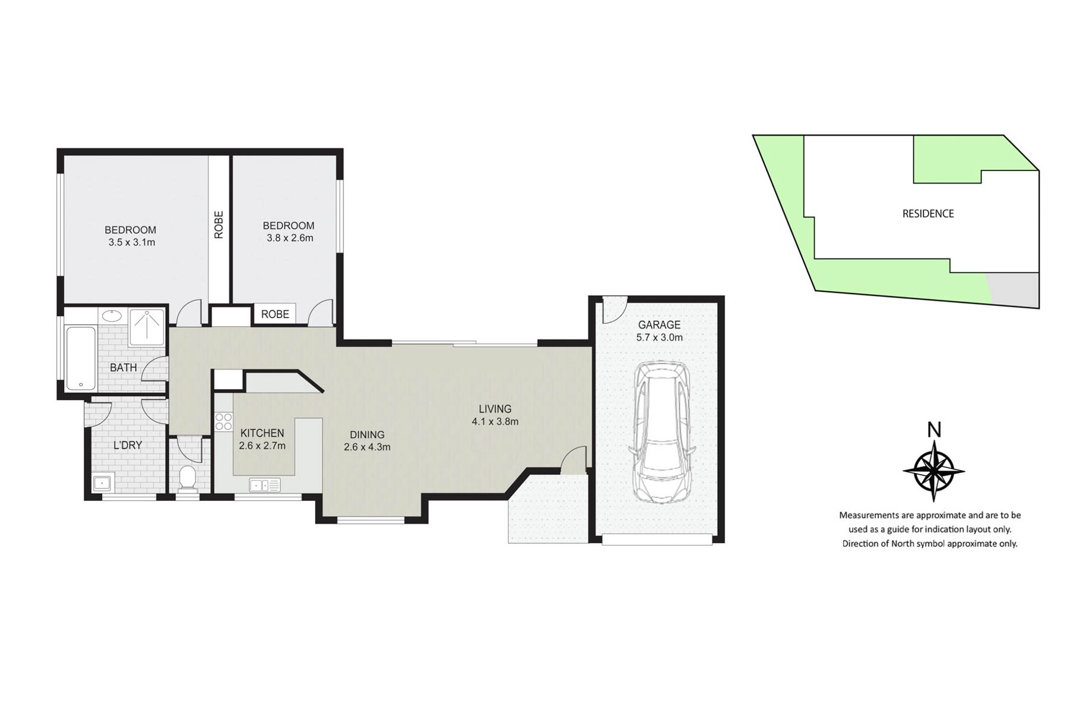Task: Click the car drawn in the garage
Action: coord(660,432)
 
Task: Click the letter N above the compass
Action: coord(934,429)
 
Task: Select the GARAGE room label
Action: coord(659,325)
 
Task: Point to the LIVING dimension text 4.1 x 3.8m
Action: coord(495,422)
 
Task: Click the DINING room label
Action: coord(367,435)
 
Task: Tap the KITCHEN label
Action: coord(262,434)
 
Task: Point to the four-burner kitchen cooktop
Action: coord(223,421)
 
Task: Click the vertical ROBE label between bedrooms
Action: coord(219,225)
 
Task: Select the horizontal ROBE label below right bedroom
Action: coord(275,314)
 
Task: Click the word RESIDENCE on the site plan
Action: coord(928,214)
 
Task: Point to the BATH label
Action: coord(124,368)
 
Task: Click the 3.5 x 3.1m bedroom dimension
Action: coord(132,242)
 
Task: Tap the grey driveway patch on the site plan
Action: coord(1013,289)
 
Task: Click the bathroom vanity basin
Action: coord(110,315)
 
